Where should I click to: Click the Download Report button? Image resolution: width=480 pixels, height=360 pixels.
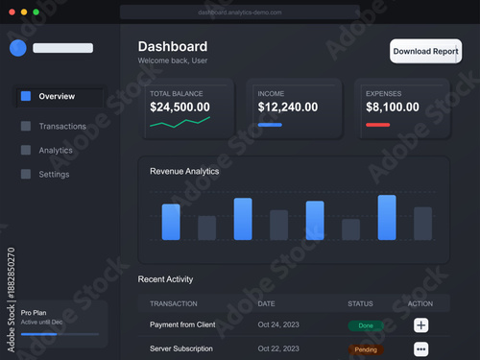(425, 51)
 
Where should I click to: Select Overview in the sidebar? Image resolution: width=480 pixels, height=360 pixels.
(58, 96)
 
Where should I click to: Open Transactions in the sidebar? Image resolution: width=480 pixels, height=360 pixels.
(62, 126)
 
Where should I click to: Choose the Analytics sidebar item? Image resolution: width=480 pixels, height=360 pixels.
(56, 150)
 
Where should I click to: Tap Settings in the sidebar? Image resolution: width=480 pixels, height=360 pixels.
(54, 175)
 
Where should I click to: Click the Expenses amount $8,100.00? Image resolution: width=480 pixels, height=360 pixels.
(393, 108)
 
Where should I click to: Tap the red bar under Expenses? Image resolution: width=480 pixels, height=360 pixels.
(377, 125)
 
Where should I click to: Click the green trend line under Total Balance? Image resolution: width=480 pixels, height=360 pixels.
(180, 123)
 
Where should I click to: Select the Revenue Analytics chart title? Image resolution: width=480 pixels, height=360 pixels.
(184, 171)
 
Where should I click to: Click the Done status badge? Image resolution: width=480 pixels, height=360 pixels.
(365, 325)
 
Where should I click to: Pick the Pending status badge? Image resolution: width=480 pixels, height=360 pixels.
(365, 349)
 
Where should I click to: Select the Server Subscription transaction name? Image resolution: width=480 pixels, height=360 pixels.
(181, 348)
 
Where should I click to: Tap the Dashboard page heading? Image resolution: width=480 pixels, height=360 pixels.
(173, 46)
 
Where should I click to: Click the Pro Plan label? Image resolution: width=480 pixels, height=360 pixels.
(34, 313)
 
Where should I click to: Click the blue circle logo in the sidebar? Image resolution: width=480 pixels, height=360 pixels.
(17, 48)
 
